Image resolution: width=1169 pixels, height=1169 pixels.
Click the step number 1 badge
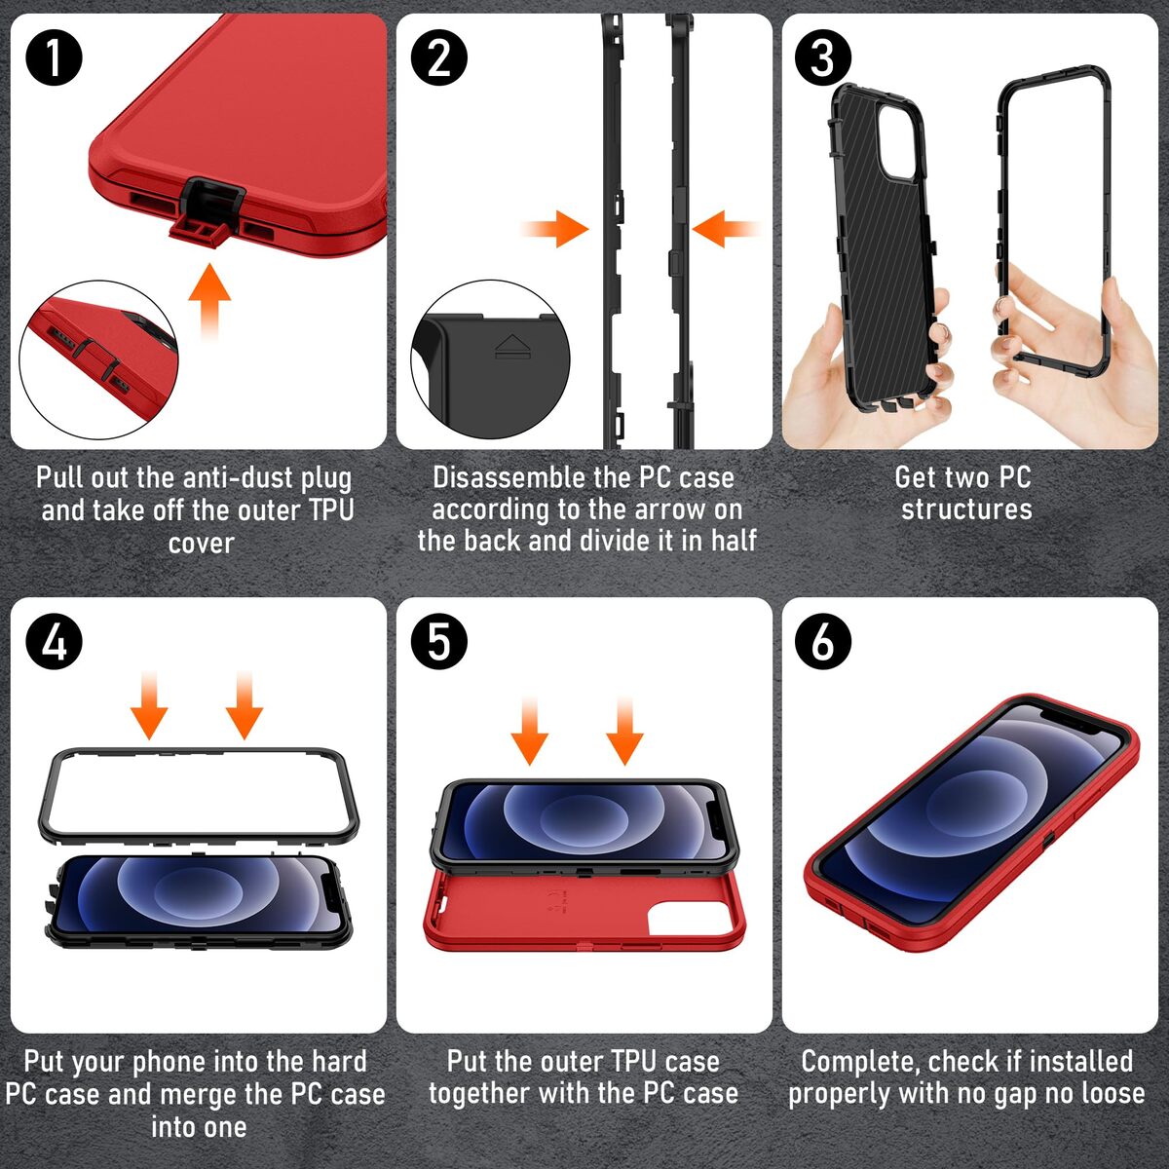(x=54, y=58)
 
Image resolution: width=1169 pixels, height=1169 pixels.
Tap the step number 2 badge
(x=438, y=58)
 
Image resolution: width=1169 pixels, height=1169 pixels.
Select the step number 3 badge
(x=822, y=58)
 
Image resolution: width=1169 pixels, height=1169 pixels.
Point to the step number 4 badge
(x=54, y=642)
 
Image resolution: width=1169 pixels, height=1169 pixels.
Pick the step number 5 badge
(x=438, y=642)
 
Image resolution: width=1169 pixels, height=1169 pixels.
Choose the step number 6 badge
(x=822, y=642)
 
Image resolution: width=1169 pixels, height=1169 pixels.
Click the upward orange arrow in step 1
(x=209, y=302)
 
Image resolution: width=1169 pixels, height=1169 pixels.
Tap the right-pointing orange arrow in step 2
(x=555, y=229)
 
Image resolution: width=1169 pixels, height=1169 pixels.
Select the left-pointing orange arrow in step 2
(x=726, y=229)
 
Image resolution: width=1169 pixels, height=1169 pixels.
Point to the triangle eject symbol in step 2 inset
(x=513, y=346)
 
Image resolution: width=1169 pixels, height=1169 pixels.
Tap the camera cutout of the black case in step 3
(x=895, y=141)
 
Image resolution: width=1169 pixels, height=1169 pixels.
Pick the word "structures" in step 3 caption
(x=966, y=509)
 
